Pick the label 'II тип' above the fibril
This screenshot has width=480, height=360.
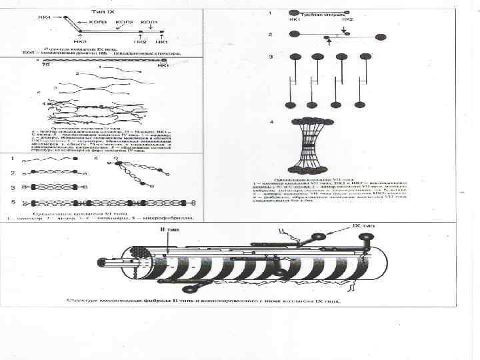(x=160, y=231)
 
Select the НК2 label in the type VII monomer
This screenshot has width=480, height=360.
(x=348, y=19)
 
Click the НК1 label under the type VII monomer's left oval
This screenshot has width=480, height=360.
(x=294, y=19)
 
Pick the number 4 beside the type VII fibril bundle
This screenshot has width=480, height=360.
(x=271, y=122)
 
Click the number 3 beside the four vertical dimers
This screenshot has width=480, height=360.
(x=271, y=57)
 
